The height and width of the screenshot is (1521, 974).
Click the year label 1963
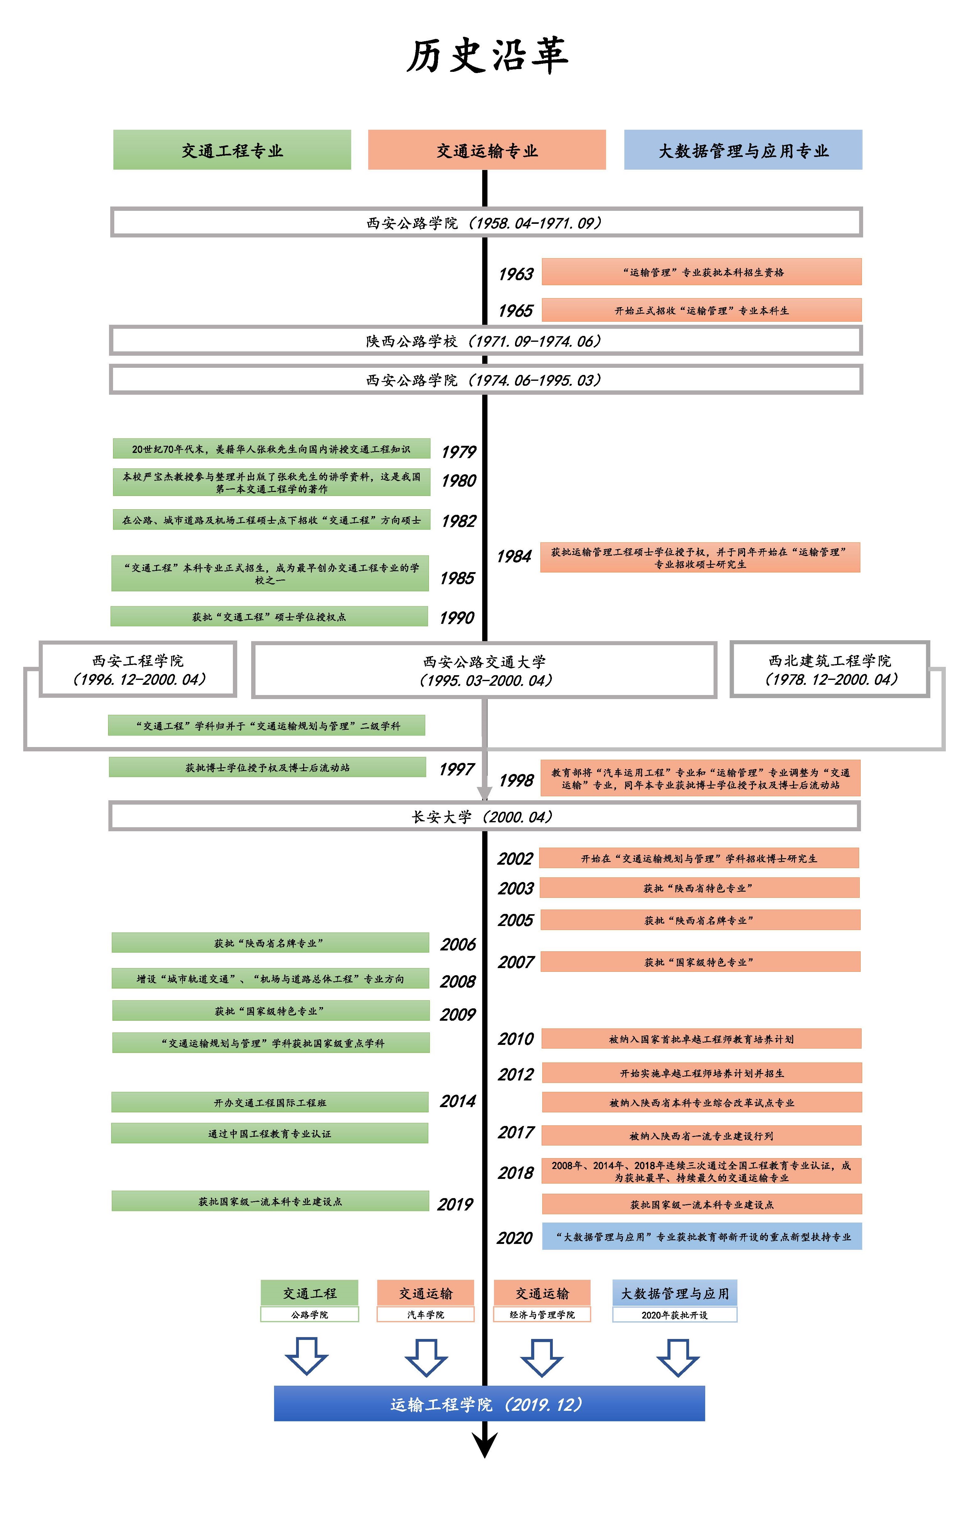(515, 274)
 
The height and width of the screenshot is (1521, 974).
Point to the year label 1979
(459, 451)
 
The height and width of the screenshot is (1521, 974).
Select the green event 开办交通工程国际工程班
(270, 1102)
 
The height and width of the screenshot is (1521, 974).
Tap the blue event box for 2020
(702, 1237)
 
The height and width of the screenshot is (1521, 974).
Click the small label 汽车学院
(426, 1315)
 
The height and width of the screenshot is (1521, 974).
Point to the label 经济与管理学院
(542, 1315)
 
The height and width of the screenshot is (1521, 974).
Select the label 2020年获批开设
(675, 1315)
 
